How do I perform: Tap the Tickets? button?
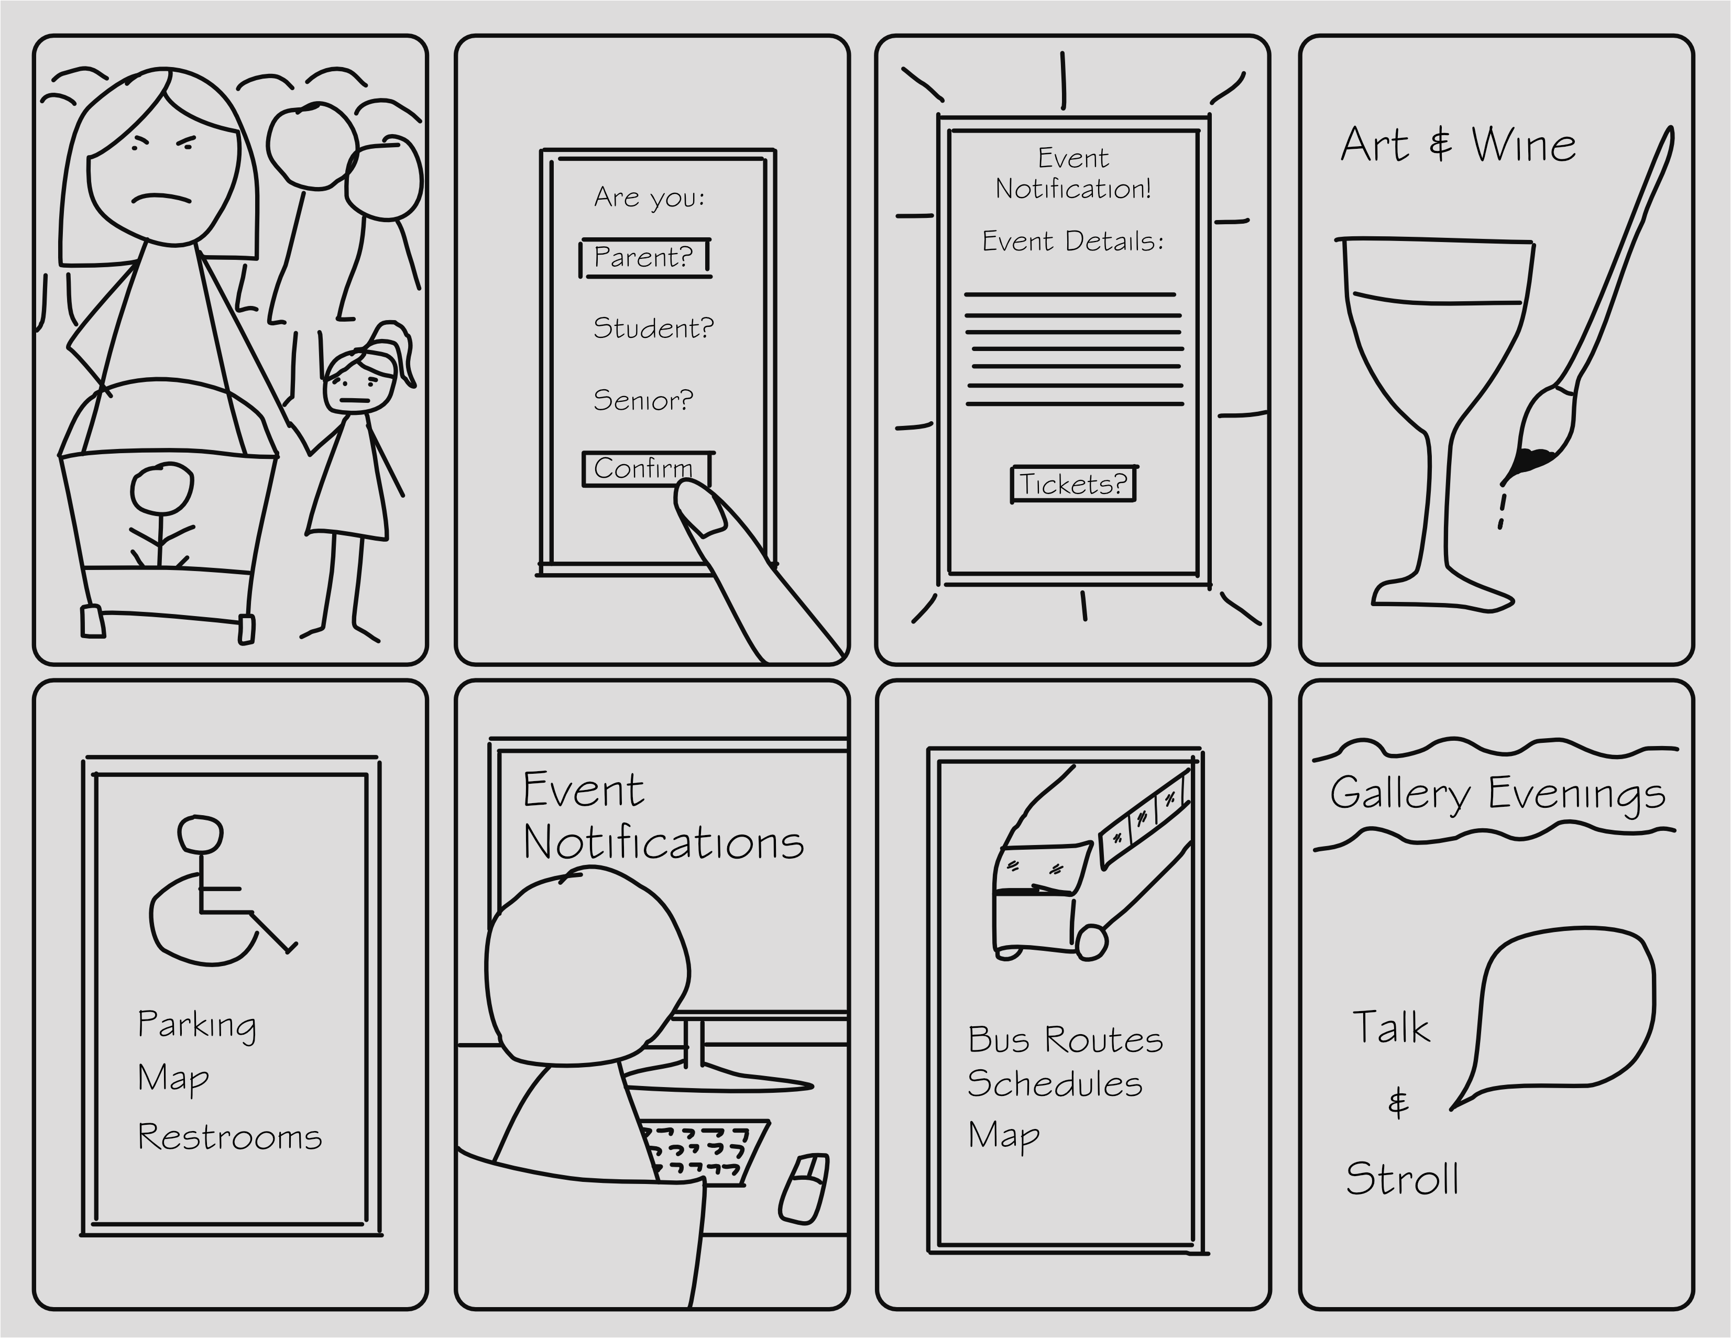pos(1072,484)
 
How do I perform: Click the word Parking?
pos(196,1025)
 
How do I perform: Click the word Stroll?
pos(1402,1179)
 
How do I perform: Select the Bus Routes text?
pos(1065,1040)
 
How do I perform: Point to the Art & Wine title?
pos(1458,145)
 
